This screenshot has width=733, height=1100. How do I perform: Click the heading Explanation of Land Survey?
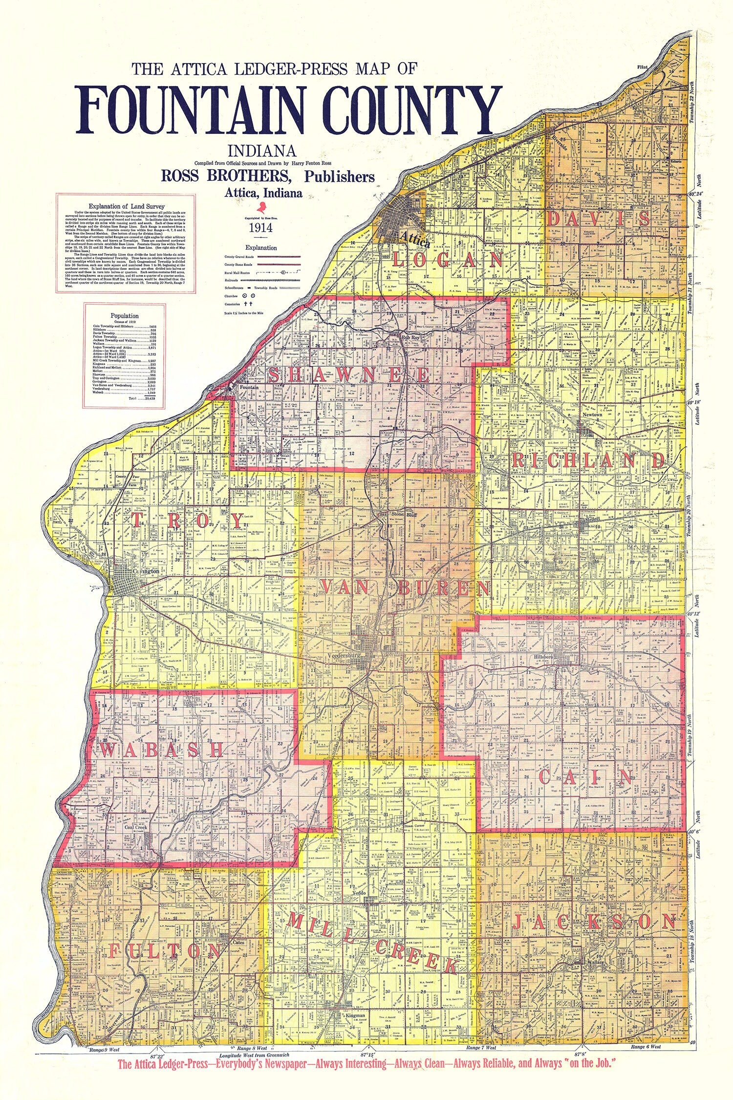(x=127, y=206)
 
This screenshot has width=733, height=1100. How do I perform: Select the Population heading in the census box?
(x=125, y=316)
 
